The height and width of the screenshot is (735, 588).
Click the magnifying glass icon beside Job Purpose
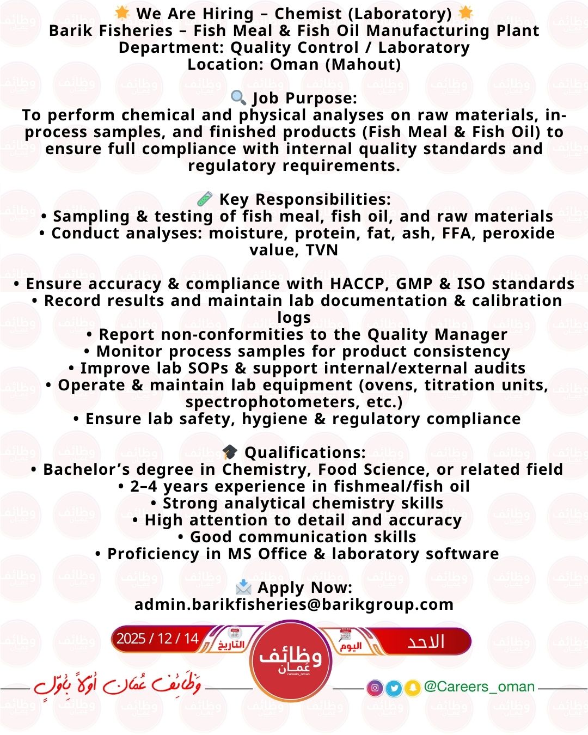pos(238,97)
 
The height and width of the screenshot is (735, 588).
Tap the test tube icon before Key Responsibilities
pos(205,199)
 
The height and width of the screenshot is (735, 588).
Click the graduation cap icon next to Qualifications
pos(230,452)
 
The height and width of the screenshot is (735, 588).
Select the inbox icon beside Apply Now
pos(243,587)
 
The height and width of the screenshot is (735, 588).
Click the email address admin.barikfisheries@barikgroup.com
pos(294,604)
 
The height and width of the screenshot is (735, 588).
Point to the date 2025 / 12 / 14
pos(158,638)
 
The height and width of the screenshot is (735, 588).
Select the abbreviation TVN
pos(322,250)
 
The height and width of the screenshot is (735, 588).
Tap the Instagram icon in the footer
pos(375,688)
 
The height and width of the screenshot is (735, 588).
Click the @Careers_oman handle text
pos(479,687)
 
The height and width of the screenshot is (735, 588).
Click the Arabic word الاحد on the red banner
pos(426,641)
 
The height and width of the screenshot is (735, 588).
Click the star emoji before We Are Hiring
pos(122,13)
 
